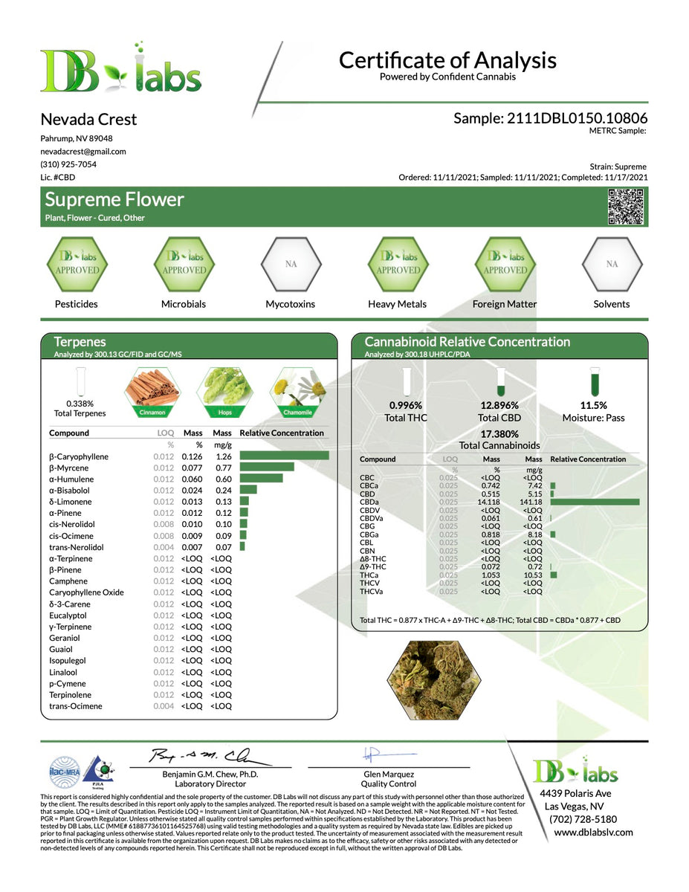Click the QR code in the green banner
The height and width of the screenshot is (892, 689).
pos(624,207)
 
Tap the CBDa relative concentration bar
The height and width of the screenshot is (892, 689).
pos(595,502)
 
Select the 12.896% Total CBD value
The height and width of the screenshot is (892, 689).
pos(499,406)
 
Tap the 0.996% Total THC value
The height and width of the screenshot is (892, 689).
pos(405,406)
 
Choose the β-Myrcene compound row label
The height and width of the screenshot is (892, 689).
pos(70,468)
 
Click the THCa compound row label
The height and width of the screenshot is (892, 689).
pos(369,575)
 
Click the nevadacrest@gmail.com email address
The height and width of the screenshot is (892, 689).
pos(83,152)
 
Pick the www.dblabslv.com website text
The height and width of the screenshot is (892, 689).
pos(593,832)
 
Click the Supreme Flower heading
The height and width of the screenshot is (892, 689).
pos(114,200)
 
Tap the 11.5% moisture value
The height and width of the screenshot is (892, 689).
pos(593,406)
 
